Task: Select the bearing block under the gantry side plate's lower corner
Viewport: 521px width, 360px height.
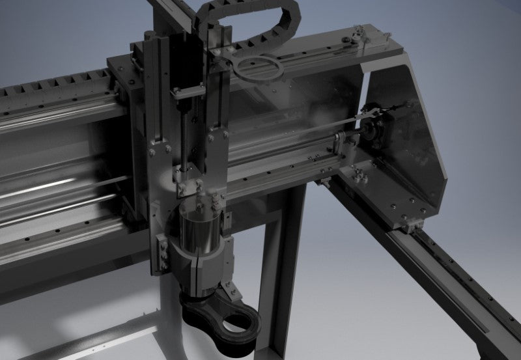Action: coord(410,225)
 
